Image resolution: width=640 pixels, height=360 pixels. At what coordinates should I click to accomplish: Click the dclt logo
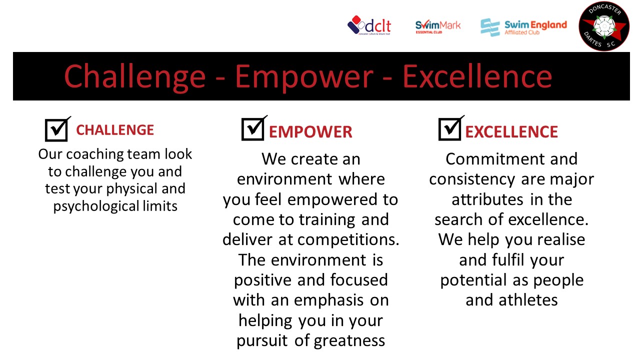(x=369, y=25)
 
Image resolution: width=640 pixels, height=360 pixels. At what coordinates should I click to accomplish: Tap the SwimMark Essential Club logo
(x=437, y=27)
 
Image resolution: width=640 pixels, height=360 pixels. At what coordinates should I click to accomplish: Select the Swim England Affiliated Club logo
(x=523, y=27)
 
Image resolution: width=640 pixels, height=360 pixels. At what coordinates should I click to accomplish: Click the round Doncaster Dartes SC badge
(x=604, y=26)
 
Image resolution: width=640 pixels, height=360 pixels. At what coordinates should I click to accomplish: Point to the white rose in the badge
(x=604, y=27)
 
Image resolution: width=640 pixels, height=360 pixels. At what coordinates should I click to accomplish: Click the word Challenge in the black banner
(x=135, y=76)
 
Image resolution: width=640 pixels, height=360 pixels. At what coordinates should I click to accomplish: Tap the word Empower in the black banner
(x=304, y=77)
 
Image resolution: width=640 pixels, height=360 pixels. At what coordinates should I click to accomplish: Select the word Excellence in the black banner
(x=477, y=76)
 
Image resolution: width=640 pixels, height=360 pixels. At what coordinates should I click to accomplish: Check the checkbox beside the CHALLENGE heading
(x=56, y=130)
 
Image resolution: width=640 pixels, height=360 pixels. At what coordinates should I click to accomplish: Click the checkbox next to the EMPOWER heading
(x=253, y=129)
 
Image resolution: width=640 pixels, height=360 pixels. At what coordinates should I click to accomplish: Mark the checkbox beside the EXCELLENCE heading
(x=450, y=129)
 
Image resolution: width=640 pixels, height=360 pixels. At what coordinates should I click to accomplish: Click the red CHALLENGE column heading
(x=115, y=130)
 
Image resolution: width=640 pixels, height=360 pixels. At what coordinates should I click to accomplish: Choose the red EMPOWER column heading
(x=310, y=132)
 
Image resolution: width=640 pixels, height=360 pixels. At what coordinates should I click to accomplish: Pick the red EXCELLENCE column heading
(x=511, y=132)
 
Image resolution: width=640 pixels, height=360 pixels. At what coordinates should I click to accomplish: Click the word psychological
(x=96, y=206)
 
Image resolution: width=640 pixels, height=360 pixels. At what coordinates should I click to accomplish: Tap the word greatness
(x=349, y=341)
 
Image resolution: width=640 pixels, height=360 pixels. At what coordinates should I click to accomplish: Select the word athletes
(x=528, y=300)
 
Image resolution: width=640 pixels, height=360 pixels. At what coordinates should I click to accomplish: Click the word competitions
(x=348, y=240)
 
